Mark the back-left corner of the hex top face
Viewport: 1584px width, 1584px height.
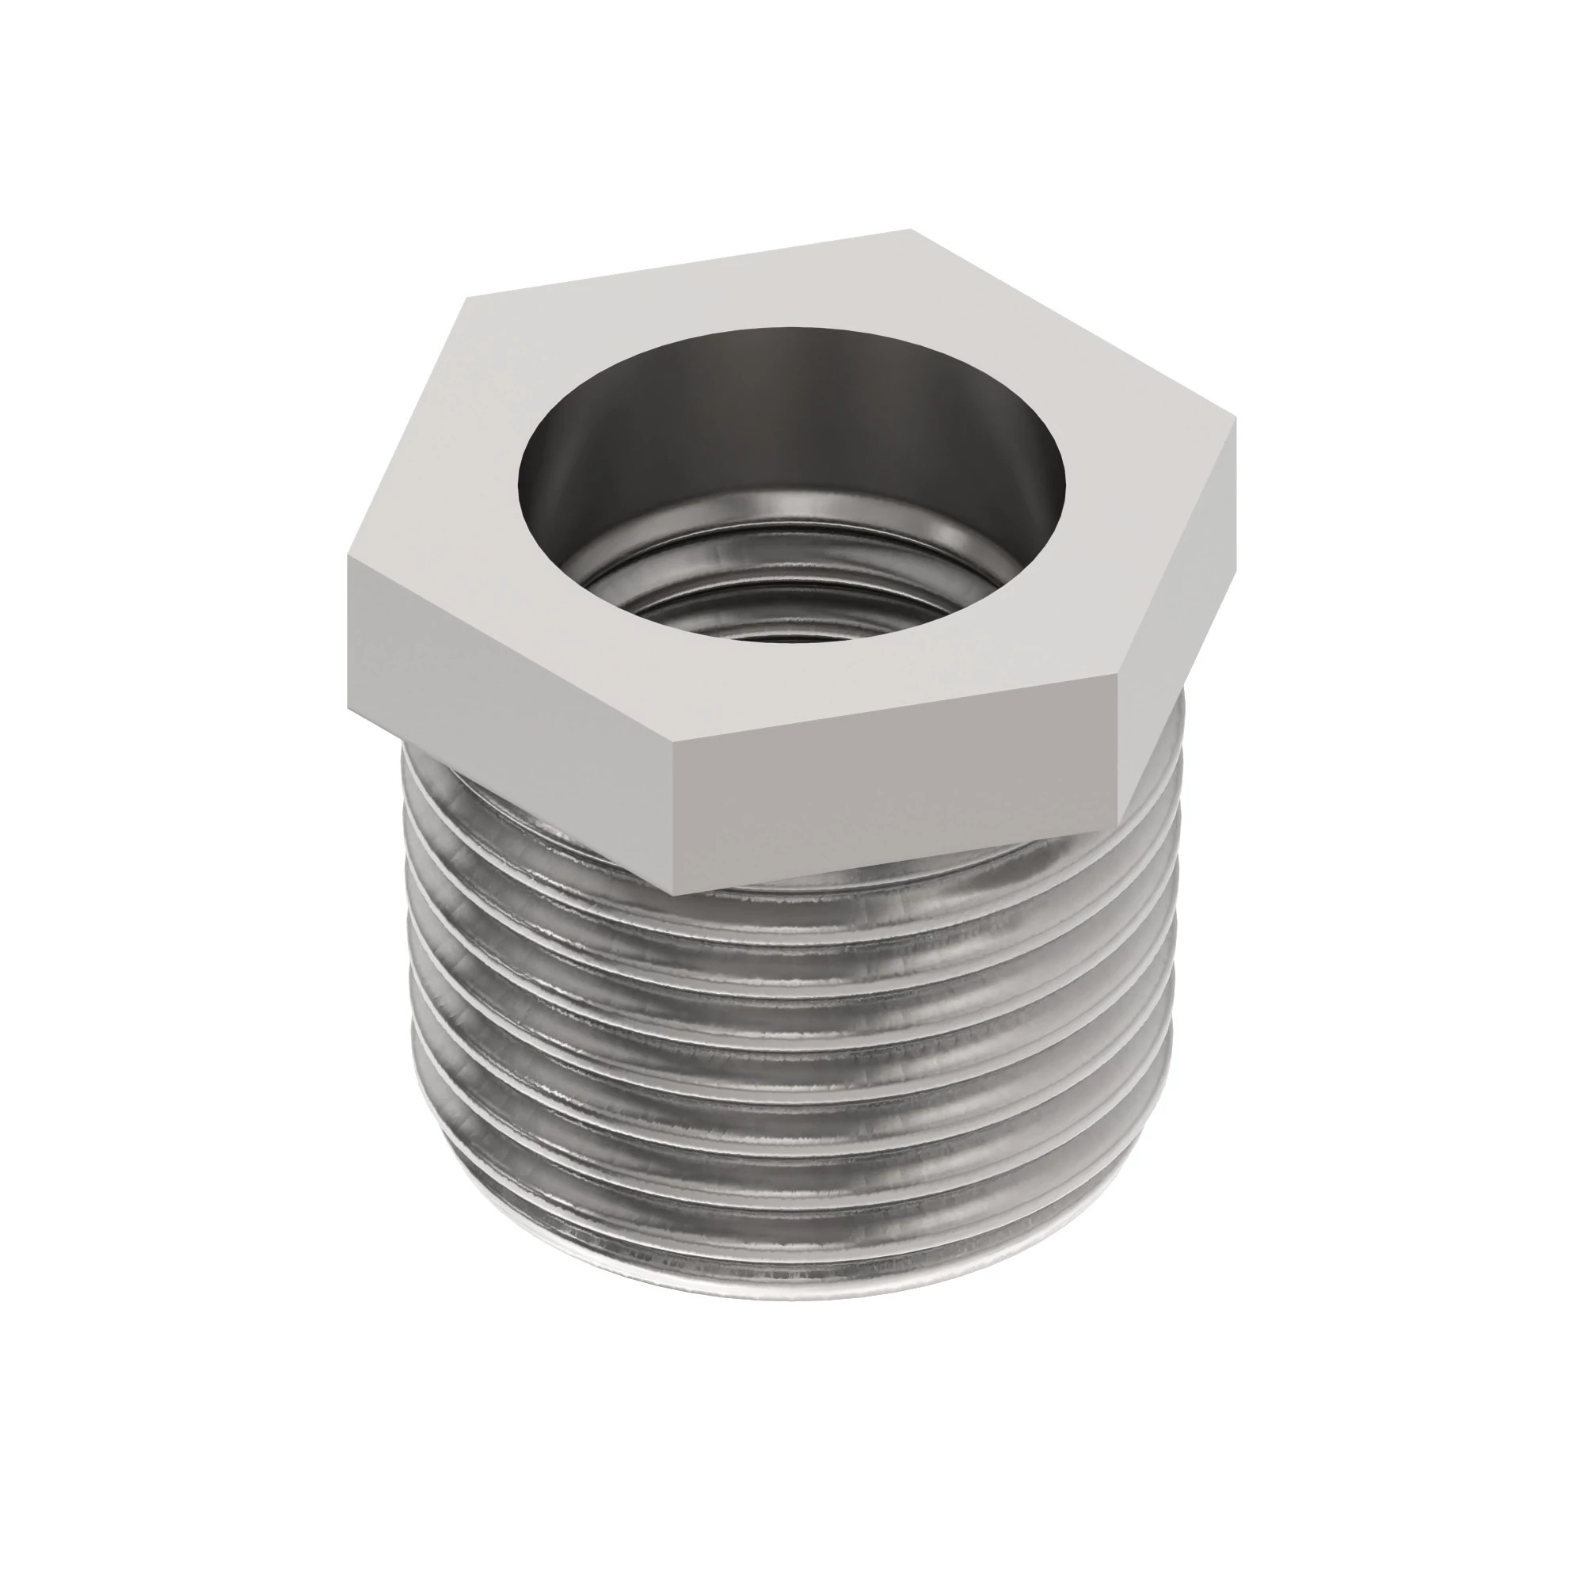pyautogui.click(x=464, y=299)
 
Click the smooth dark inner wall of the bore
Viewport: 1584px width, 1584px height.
pyautogui.click(x=787, y=410)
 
